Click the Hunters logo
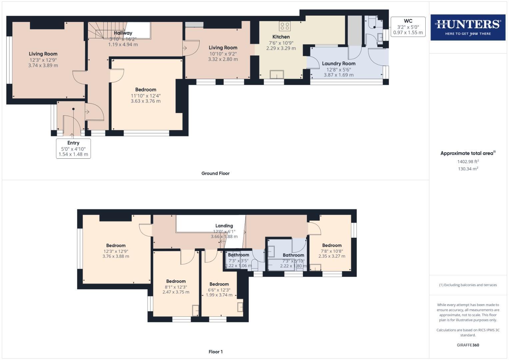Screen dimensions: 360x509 click(x=468, y=27)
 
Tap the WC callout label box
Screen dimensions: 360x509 click(x=408, y=27)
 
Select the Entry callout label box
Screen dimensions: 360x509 click(x=73, y=148)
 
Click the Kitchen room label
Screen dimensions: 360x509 click(x=281, y=37)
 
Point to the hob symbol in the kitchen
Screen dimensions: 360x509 click(x=285, y=26)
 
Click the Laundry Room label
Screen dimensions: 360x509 click(x=338, y=63)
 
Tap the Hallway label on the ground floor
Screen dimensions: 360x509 click(x=123, y=33)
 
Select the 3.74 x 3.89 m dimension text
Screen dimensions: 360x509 click(x=43, y=66)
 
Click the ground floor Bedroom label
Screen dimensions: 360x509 click(x=146, y=89)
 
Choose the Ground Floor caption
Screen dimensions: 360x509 click(x=215, y=173)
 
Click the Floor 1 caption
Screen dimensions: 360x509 click(x=215, y=352)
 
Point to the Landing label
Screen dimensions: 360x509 click(x=224, y=226)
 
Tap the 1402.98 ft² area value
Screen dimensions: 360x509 click(x=468, y=162)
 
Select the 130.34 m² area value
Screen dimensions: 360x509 click(x=468, y=169)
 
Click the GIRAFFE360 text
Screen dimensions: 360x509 click(x=468, y=345)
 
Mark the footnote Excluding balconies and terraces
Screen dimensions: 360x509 click(x=468, y=285)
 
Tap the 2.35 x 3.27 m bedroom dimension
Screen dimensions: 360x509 click(x=332, y=256)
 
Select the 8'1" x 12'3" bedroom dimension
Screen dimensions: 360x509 click(x=176, y=287)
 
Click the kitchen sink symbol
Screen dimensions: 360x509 click(x=277, y=74)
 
